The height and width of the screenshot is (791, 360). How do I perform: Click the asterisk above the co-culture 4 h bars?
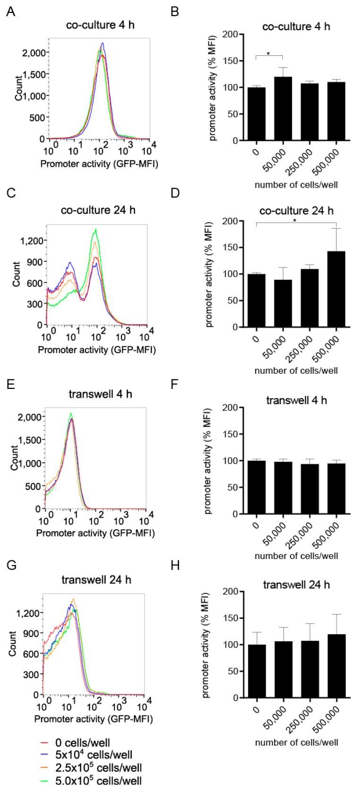(x=268, y=54)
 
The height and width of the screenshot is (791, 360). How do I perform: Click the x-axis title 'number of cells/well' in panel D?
(x=296, y=370)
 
